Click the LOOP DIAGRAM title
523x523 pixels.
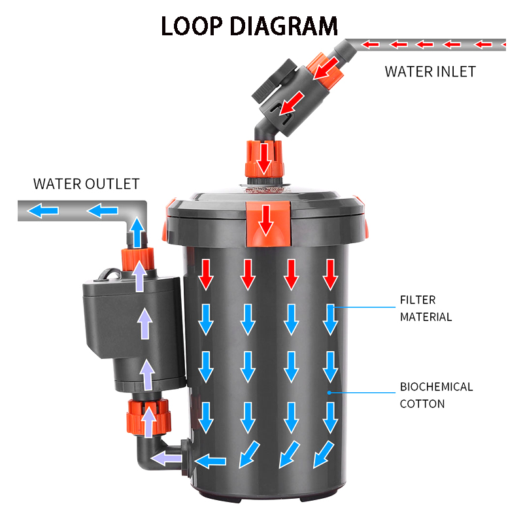pyautogui.click(x=249, y=25)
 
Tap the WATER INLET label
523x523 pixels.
pyautogui.click(x=430, y=72)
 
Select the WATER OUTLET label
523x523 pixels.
pyautogui.click(x=86, y=184)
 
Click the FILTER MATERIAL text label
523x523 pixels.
pyautogui.click(x=426, y=309)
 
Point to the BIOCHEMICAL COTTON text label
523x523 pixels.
pyautogui.click(x=436, y=395)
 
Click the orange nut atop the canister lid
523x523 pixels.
pyautogui.click(x=263, y=157)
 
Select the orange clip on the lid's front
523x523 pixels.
pyautogui.click(x=265, y=219)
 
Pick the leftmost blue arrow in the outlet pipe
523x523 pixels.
pyautogui.click(x=44, y=211)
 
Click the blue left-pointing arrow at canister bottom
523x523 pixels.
pyautogui.click(x=211, y=460)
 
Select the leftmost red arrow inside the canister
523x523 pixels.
pyautogui.click(x=206, y=274)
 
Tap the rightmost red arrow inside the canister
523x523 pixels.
pyautogui.click(x=331, y=274)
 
